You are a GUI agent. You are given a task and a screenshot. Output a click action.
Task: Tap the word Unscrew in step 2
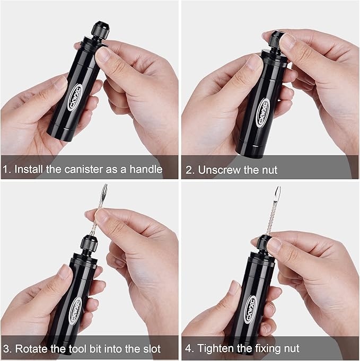[x=217, y=171]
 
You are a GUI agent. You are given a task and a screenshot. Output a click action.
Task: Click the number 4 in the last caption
[x=188, y=349]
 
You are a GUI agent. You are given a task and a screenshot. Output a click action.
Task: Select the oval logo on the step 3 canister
[x=75, y=309]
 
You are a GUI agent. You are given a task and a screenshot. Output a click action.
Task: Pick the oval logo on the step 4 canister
[x=251, y=313]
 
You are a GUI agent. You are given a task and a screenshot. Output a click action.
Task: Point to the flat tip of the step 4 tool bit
[x=277, y=194]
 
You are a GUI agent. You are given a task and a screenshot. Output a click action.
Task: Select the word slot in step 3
[x=150, y=349]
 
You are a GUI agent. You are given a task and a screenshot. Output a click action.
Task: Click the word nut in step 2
[x=268, y=171]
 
